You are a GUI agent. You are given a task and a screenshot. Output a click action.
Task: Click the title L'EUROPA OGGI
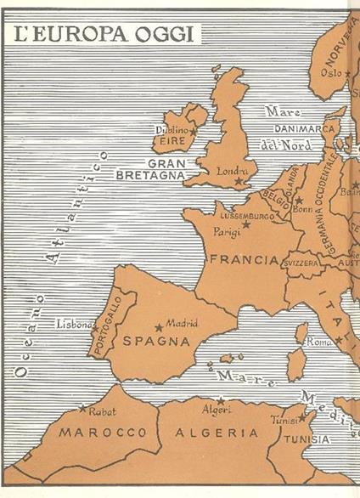coord(100,35)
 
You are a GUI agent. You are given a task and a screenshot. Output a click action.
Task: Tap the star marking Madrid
coord(159,327)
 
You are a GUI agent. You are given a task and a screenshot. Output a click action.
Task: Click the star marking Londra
coord(239,180)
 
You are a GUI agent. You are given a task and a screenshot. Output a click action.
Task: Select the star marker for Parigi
coord(246,224)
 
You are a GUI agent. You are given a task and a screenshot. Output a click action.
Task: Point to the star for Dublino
coord(194,132)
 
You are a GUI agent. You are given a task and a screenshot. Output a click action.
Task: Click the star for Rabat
coord(82,409)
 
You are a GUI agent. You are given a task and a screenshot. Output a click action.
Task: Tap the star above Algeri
coord(220,400)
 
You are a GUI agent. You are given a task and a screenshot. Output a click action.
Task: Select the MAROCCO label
coord(91,433)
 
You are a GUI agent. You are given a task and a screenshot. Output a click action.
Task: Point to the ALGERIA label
coord(217,433)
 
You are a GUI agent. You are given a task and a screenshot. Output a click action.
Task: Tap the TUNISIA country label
coord(308,439)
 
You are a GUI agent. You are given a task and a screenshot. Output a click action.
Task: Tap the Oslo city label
coord(330,73)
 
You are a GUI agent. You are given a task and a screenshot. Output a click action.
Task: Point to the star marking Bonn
coord(299,201)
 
